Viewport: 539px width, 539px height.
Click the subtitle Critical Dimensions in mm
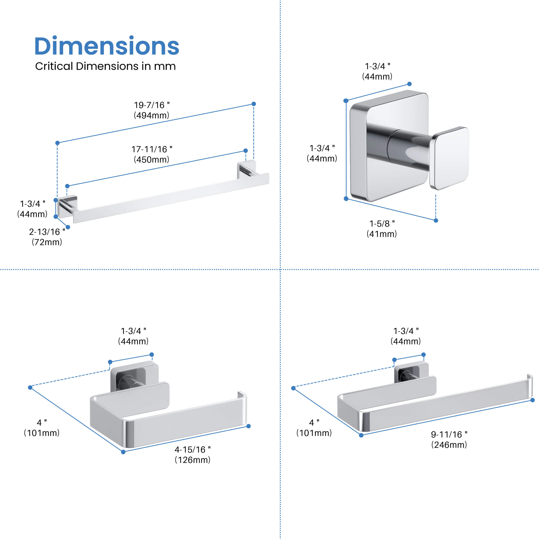click(x=105, y=66)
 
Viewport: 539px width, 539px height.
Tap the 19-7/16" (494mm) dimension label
click(x=152, y=110)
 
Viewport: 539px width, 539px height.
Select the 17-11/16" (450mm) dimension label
click(x=152, y=154)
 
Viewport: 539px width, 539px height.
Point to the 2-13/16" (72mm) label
click(x=47, y=237)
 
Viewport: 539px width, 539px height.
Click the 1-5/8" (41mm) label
click(x=382, y=229)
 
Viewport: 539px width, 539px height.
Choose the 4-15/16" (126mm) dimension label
click(x=193, y=455)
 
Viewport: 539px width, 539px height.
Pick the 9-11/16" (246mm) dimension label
click(x=449, y=439)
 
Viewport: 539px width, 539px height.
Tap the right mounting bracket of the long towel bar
click(x=246, y=169)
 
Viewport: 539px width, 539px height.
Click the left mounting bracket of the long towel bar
click(x=67, y=206)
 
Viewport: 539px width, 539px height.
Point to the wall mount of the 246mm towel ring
click(x=411, y=372)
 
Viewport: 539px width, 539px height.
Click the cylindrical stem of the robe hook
click(x=409, y=150)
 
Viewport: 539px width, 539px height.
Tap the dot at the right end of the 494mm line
click(x=254, y=104)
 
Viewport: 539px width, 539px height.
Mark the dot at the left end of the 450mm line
click(x=67, y=186)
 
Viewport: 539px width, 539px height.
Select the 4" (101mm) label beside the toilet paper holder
click(x=42, y=428)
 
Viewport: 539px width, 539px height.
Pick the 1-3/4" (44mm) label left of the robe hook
click(x=322, y=153)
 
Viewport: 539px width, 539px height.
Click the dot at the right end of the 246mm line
click(x=533, y=400)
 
